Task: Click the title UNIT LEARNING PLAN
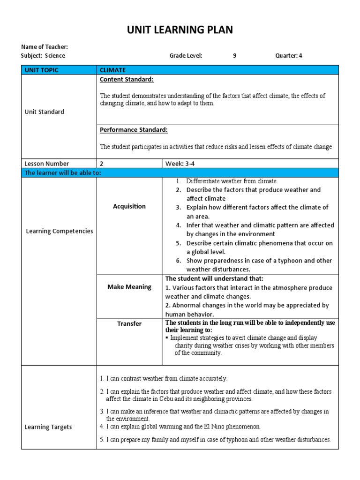click(x=180, y=30)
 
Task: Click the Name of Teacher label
click(x=45, y=47)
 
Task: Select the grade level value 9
click(x=235, y=56)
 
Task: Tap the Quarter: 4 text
click(x=289, y=56)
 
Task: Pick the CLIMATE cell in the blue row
click(x=112, y=70)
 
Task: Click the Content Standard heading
click(x=127, y=80)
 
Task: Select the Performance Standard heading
click(x=134, y=130)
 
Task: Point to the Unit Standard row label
click(x=45, y=112)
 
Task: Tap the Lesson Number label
click(x=47, y=164)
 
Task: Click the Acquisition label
click(x=129, y=206)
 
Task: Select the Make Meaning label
click(x=129, y=287)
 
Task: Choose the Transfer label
click(x=129, y=324)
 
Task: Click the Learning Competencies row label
click(x=59, y=231)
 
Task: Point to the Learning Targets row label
click(x=49, y=427)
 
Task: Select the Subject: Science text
click(x=43, y=56)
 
